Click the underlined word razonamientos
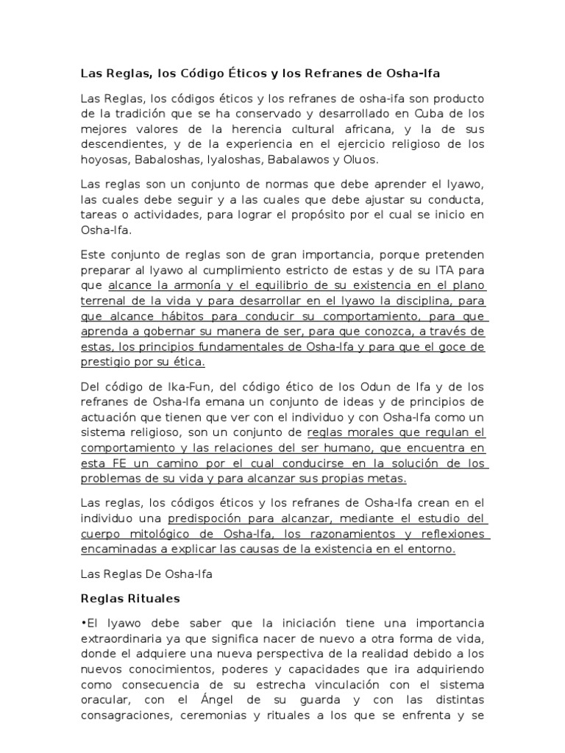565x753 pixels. coord(343,535)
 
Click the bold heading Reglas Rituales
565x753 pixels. coord(129,599)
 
